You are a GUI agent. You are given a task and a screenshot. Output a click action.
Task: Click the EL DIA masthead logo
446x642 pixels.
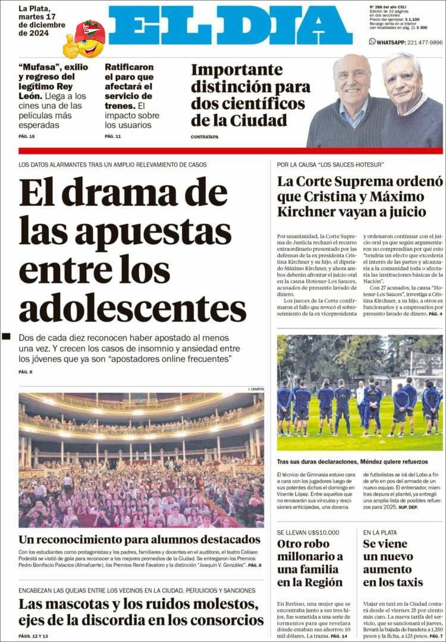(x=230, y=25)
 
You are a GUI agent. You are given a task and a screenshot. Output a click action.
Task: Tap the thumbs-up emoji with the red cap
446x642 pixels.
(x=84, y=39)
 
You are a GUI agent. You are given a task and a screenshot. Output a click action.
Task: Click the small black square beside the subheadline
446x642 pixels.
(x=7, y=336)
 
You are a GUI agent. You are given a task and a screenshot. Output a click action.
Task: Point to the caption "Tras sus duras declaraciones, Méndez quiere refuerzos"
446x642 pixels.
(x=352, y=462)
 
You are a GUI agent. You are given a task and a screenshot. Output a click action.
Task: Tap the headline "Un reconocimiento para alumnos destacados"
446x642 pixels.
(x=139, y=539)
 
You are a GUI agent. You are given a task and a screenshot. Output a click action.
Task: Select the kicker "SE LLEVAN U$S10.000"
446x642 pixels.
(x=308, y=532)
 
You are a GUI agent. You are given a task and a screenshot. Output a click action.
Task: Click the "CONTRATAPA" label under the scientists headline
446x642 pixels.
(x=205, y=137)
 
